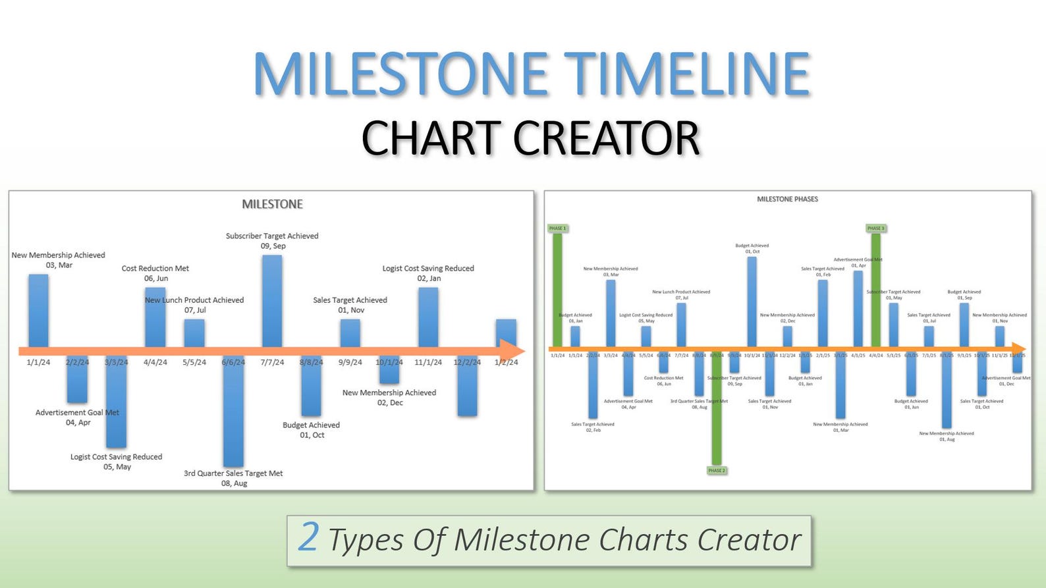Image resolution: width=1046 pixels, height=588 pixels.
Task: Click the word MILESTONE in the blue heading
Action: pyautogui.click(x=400, y=74)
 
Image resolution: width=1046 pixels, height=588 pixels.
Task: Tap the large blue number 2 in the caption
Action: pyautogui.click(x=308, y=537)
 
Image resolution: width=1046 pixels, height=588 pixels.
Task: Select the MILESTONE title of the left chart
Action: pyautogui.click(x=272, y=204)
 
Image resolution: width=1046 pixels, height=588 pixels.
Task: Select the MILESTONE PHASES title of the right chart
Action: pyautogui.click(x=787, y=199)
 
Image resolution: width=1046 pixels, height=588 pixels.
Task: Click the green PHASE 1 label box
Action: pyautogui.click(x=557, y=228)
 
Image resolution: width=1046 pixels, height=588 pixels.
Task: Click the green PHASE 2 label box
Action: pyautogui.click(x=716, y=470)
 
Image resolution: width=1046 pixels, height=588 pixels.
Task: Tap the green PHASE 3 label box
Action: pyautogui.click(x=875, y=228)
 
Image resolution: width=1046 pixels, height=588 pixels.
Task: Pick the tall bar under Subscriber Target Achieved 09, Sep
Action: pyautogui.click(x=272, y=300)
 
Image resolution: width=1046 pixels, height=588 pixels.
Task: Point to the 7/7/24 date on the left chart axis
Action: pyautogui.click(x=272, y=362)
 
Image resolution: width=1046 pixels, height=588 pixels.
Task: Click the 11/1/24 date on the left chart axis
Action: pyautogui.click(x=428, y=362)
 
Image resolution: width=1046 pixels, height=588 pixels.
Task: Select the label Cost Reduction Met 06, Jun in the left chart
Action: pyautogui.click(x=155, y=273)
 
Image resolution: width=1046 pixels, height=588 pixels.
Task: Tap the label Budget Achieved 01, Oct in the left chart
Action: pyautogui.click(x=312, y=430)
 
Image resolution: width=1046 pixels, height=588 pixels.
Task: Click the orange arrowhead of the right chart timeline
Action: pyautogui.click(x=1018, y=348)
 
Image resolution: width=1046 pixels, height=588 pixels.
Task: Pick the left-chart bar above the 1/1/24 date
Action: pyautogui.click(x=38, y=309)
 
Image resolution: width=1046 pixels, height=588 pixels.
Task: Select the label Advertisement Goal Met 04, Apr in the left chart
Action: pyautogui.click(x=78, y=417)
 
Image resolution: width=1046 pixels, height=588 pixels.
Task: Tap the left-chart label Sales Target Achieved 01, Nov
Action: pyautogui.click(x=350, y=305)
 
